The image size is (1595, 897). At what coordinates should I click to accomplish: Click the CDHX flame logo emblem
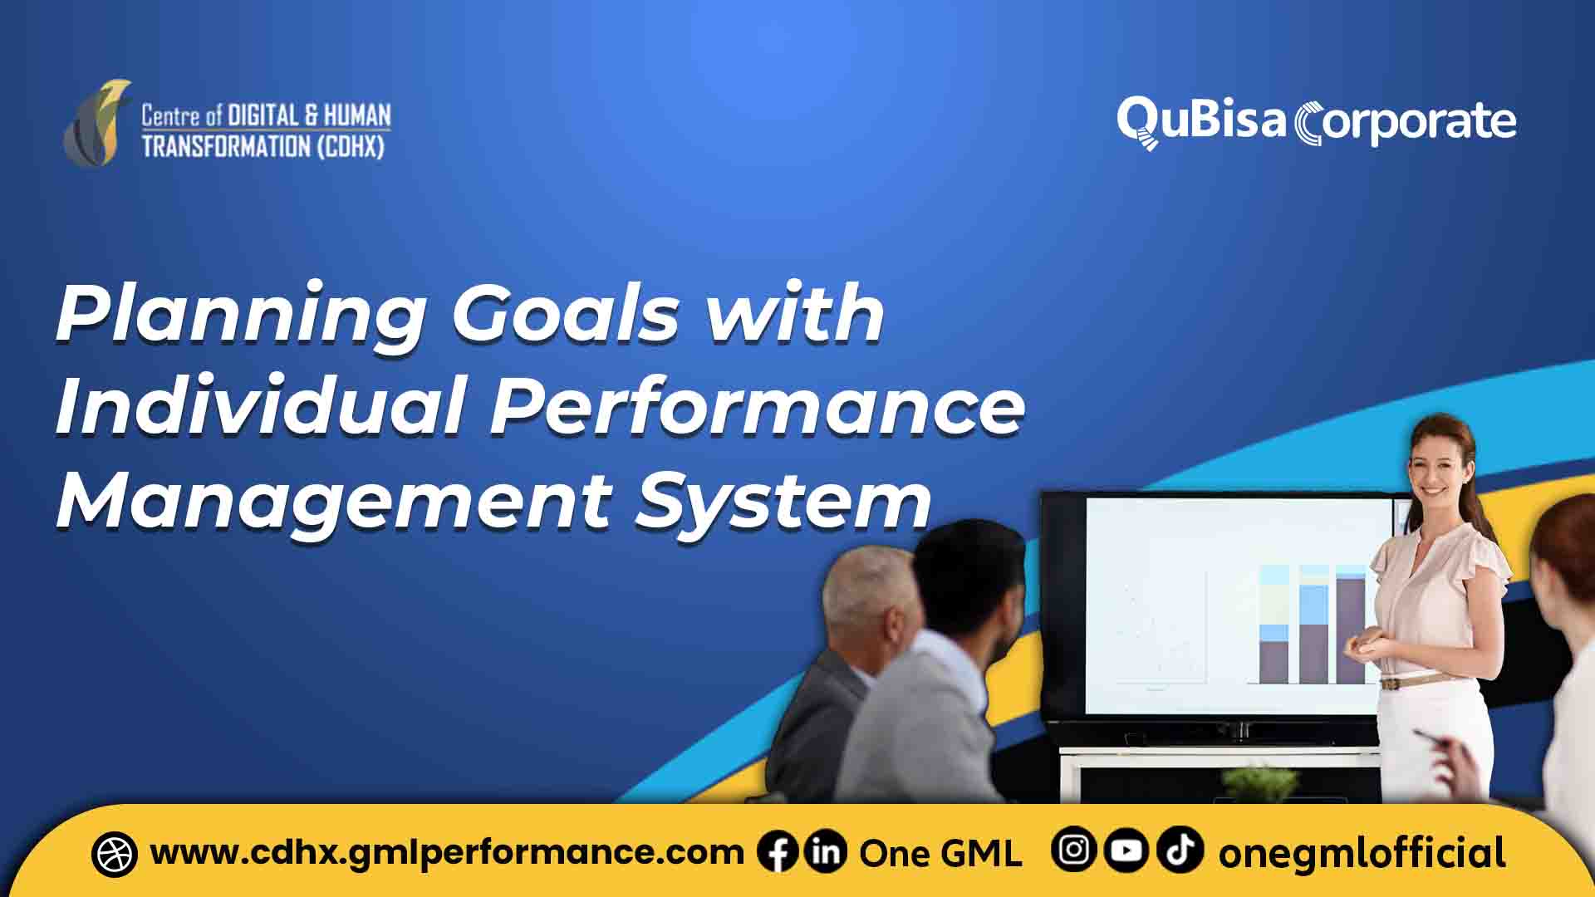tap(98, 123)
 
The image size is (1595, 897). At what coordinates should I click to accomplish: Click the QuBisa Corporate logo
tap(1316, 123)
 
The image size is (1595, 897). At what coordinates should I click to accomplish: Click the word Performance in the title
tap(756, 407)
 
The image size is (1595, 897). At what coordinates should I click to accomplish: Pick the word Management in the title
tap(332, 502)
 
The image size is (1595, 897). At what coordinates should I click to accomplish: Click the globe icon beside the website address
tap(115, 854)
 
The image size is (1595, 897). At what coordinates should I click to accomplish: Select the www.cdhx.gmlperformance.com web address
tap(447, 853)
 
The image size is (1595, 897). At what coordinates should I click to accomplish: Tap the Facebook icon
tap(778, 852)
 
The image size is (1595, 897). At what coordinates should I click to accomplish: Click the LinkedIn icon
tap(826, 852)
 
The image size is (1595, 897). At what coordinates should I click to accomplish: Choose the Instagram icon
tap(1073, 850)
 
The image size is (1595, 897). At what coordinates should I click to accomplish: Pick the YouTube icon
tap(1126, 850)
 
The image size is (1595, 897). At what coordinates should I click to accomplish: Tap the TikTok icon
tap(1180, 850)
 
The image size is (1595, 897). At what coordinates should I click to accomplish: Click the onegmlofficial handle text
tap(1362, 853)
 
